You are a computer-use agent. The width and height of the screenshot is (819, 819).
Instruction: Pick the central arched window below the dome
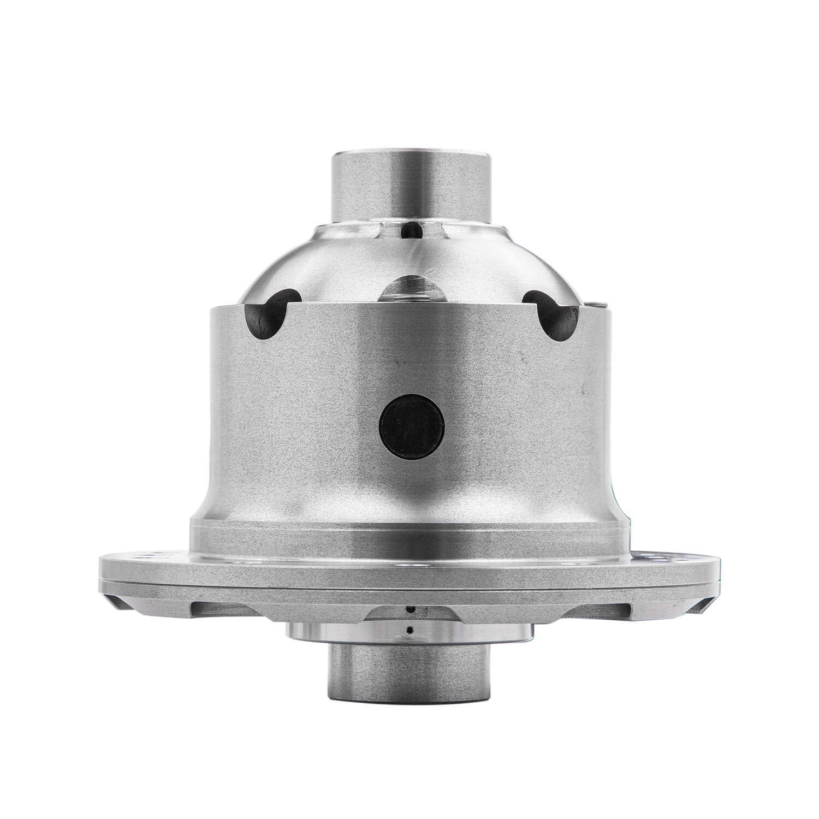click(413, 290)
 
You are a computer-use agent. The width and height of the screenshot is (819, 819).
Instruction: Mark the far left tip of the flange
click(100, 573)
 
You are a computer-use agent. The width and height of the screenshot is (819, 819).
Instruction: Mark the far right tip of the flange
click(722, 573)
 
